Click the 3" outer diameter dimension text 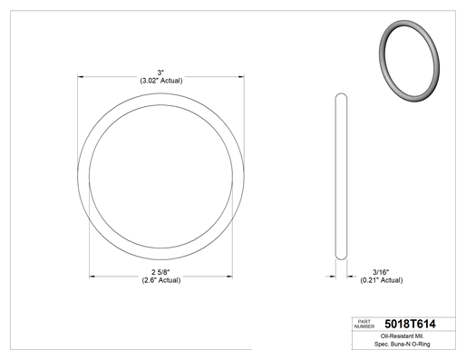(x=160, y=73)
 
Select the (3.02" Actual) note (x=161, y=81)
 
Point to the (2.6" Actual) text (x=161, y=280)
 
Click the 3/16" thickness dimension (x=381, y=272)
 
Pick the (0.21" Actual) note (x=382, y=280)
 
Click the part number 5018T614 (x=410, y=324)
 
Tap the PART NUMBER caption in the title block (x=364, y=324)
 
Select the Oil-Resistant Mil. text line (x=403, y=336)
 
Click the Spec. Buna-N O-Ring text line (x=403, y=344)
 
